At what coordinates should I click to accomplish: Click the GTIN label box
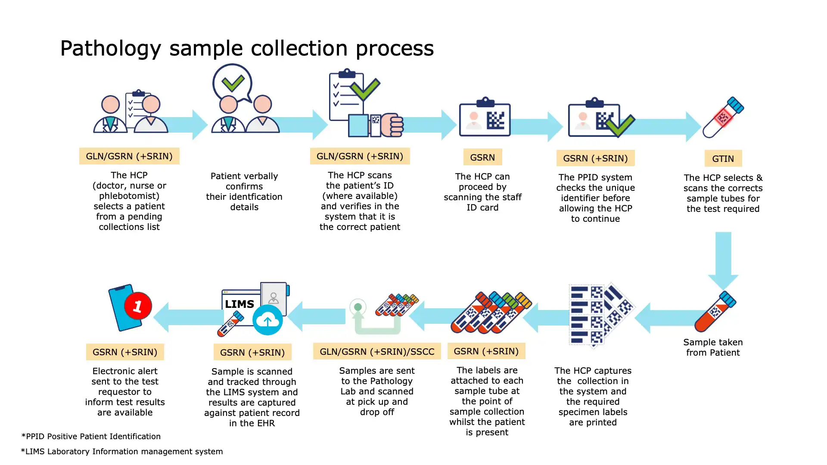tap(723, 158)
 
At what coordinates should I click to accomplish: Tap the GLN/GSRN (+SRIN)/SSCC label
tap(377, 351)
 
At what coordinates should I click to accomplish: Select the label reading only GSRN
tap(482, 157)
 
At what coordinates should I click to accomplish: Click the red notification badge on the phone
tap(138, 306)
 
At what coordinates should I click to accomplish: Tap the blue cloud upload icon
tap(267, 320)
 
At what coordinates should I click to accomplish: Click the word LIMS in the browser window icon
tap(239, 304)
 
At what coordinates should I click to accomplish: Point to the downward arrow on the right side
tap(723, 260)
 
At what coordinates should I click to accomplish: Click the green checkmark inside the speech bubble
tap(233, 83)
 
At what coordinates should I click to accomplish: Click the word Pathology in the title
tap(110, 48)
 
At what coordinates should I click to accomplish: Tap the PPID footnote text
tap(91, 436)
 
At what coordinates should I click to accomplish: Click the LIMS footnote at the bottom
tap(122, 451)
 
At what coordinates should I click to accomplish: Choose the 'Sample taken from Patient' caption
tap(713, 347)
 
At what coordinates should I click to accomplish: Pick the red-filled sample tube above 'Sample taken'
tap(715, 312)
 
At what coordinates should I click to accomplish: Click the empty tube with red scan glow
tap(723, 117)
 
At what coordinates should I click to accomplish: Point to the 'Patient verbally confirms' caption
tap(244, 191)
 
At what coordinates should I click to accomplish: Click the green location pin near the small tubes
tap(358, 307)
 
